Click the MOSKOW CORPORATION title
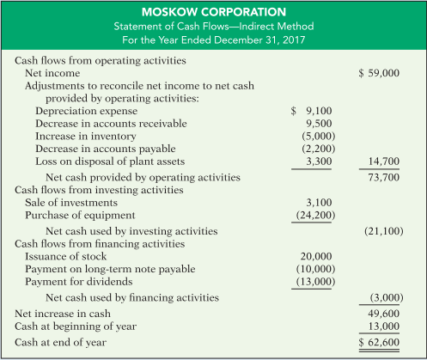[213, 13]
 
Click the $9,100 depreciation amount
[307, 111]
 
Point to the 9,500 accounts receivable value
[310, 123]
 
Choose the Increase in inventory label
[80, 136]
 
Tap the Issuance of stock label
[67, 256]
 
